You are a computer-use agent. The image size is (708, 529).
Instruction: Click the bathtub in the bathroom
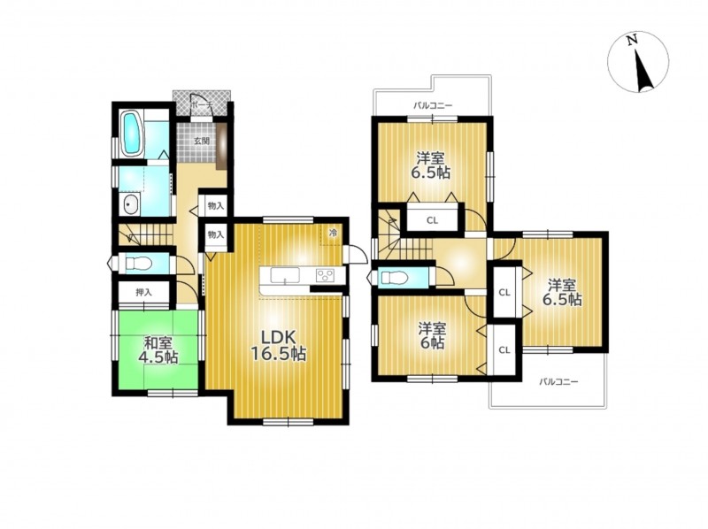[x=132, y=134]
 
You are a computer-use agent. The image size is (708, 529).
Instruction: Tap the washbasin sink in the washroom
[x=131, y=205]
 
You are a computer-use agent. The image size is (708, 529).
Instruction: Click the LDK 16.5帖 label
[x=279, y=345]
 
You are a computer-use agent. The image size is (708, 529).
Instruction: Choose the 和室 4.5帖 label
[x=158, y=349]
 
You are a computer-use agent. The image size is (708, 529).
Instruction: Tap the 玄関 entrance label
[x=202, y=141]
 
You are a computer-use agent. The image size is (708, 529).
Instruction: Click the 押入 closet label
[x=144, y=293]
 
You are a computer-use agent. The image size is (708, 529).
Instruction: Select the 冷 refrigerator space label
[x=334, y=234]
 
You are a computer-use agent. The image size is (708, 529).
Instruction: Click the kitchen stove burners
[x=325, y=275]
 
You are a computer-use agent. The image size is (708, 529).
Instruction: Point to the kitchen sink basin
[x=285, y=275]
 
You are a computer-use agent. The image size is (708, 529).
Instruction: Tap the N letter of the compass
[x=632, y=40]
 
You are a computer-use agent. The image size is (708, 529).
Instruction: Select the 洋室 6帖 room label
[x=431, y=335]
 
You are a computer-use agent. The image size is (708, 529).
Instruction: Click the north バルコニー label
[x=433, y=106]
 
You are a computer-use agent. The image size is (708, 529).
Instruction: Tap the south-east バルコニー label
[x=559, y=382]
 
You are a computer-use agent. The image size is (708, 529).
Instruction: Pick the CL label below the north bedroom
[x=432, y=221]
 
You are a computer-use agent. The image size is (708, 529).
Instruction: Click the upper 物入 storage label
[x=216, y=206]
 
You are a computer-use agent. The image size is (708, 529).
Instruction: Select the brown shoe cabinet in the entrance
[x=221, y=146]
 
